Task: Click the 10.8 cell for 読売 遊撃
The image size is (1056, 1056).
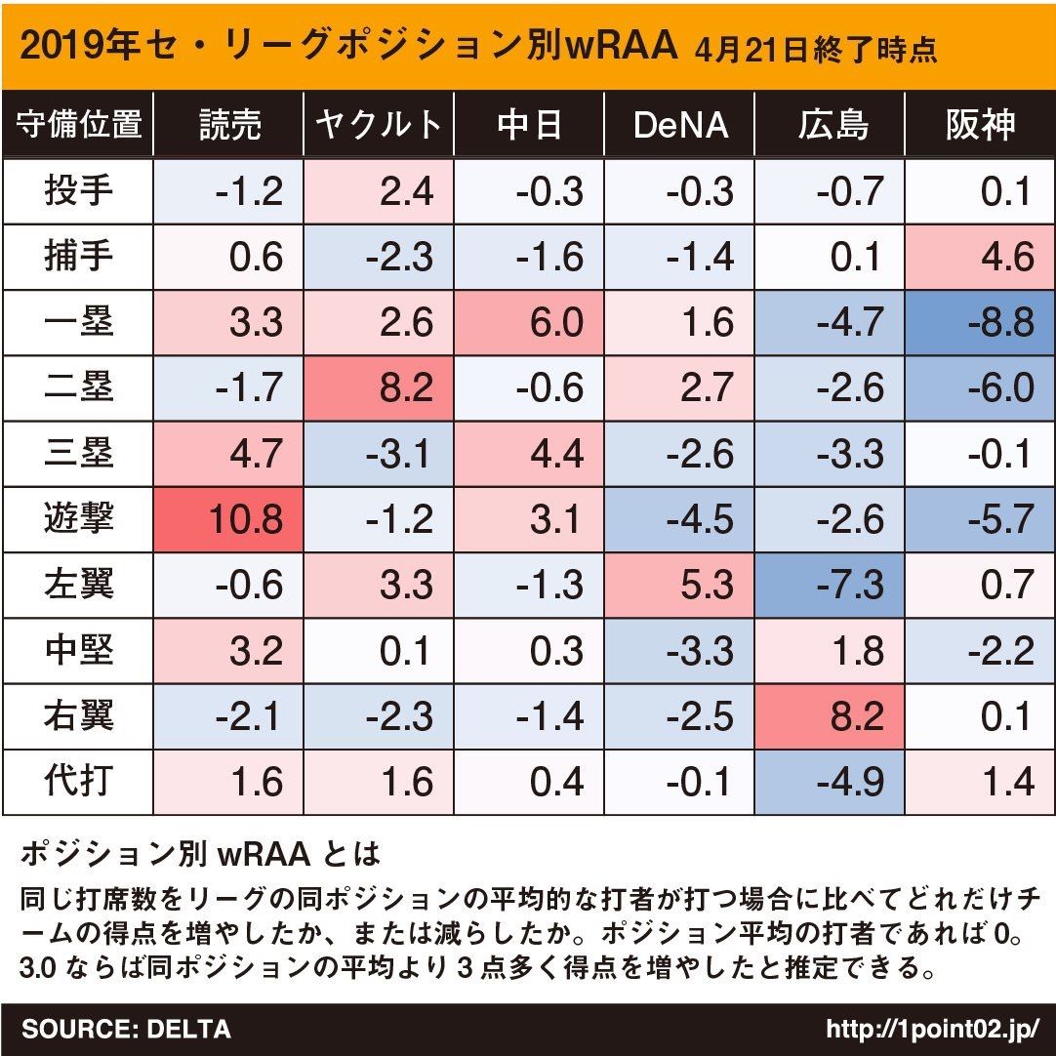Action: pyautogui.click(x=228, y=518)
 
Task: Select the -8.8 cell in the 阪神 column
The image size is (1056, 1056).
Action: pyautogui.click(x=980, y=322)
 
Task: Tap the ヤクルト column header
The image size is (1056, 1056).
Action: pyautogui.click(x=379, y=125)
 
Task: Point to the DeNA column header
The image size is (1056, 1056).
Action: pyautogui.click(x=679, y=125)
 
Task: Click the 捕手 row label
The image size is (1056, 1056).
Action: pyautogui.click(x=78, y=257)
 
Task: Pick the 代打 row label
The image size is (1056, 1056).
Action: pyautogui.click(x=78, y=782)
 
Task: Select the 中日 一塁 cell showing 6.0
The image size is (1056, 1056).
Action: pyautogui.click(x=529, y=322)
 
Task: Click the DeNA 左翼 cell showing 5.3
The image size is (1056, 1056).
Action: pyautogui.click(x=679, y=585)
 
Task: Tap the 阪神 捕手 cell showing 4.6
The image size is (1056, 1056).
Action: pyautogui.click(x=980, y=257)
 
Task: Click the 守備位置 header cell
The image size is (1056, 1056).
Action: pyautogui.click(x=78, y=125)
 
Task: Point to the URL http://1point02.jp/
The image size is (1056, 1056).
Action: pyautogui.click(x=932, y=1029)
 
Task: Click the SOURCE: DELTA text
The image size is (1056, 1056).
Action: pyautogui.click(x=126, y=1029)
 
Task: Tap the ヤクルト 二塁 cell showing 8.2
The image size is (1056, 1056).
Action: pyautogui.click(x=379, y=387)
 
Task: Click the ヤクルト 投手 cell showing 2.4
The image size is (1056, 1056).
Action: pyautogui.click(x=379, y=191)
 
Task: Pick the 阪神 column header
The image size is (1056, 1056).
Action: pyautogui.click(x=980, y=125)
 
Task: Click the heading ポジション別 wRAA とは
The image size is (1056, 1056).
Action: pyautogui.click(x=199, y=856)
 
